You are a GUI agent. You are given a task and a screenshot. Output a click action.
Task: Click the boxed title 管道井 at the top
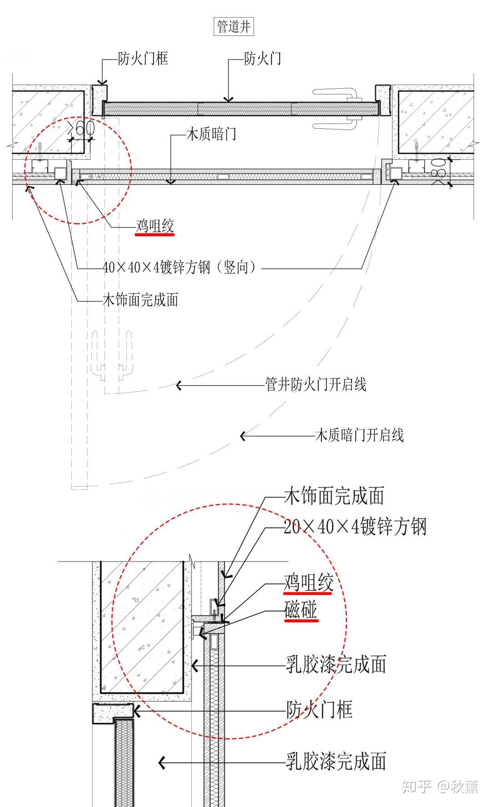click(234, 27)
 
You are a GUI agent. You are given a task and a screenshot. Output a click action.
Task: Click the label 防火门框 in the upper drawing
click(143, 58)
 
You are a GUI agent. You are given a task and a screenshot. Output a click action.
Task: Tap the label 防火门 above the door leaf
click(262, 58)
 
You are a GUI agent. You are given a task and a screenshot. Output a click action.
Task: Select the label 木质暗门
click(211, 134)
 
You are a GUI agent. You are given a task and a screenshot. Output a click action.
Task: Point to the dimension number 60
click(84, 128)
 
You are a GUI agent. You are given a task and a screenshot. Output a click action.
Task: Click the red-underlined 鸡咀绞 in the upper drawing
click(155, 226)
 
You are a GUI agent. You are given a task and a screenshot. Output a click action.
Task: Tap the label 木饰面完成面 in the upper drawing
click(140, 300)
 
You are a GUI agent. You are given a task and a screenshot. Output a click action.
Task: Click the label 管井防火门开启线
click(316, 385)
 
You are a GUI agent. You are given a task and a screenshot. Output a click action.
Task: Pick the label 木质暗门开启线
click(359, 436)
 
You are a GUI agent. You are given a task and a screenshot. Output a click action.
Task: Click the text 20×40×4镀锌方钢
click(355, 527)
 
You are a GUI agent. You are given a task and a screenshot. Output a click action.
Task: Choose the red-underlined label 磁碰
click(301, 610)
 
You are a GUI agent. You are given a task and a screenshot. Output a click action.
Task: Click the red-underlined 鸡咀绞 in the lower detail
click(309, 583)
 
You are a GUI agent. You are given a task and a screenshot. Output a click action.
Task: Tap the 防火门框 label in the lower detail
click(320, 710)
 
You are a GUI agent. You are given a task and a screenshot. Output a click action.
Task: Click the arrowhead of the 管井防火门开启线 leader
click(179, 386)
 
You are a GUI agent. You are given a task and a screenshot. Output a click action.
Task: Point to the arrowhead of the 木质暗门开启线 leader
click(243, 436)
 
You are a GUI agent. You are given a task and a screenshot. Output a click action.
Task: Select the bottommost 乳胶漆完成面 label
click(336, 762)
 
